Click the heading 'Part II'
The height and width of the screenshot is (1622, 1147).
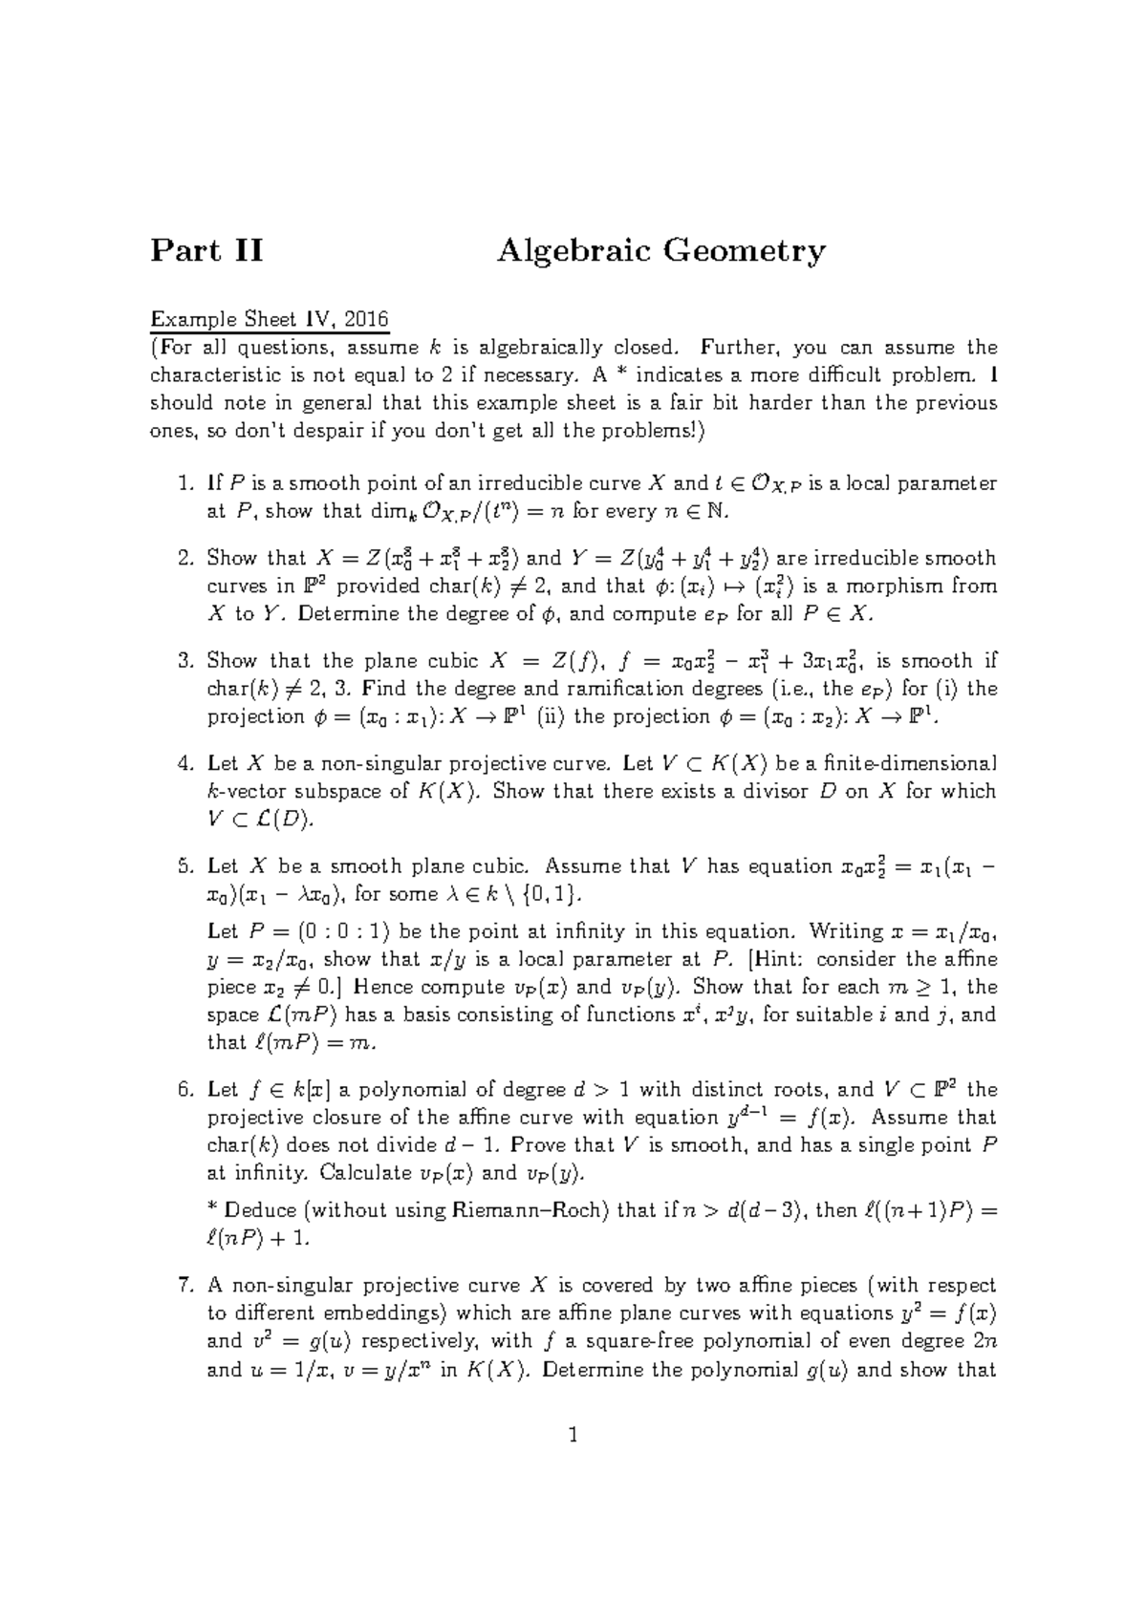[x=206, y=251]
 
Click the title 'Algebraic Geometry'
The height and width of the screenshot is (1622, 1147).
[x=660, y=251]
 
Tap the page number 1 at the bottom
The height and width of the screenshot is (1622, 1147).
[x=573, y=1435]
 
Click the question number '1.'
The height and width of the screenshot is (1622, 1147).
[x=186, y=483]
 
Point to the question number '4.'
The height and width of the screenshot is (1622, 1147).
[x=186, y=763]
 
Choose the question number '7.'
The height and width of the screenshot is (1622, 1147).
[x=186, y=1285]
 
